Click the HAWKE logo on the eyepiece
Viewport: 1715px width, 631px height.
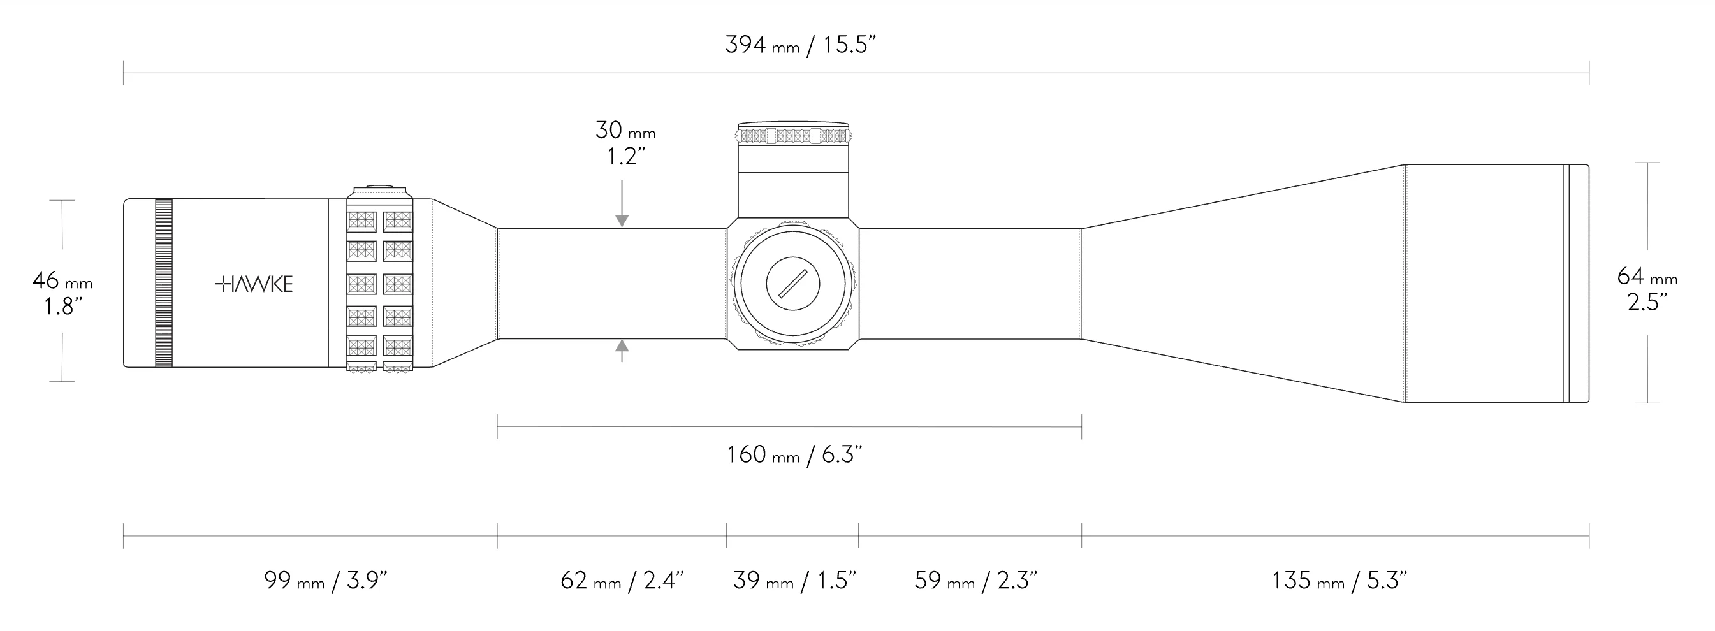(254, 284)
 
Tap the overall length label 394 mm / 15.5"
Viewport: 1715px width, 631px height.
(800, 45)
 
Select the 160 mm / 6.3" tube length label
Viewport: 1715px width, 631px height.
(794, 454)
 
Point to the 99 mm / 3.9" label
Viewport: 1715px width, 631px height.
(326, 581)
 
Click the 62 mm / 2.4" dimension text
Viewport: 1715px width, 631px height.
(622, 581)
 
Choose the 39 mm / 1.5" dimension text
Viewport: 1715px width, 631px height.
(794, 581)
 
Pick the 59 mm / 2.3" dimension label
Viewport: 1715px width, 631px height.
(975, 581)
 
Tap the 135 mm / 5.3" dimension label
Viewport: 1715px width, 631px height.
(1339, 581)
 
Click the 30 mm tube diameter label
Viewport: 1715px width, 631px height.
(625, 131)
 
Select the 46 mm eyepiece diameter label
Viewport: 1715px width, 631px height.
(62, 281)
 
